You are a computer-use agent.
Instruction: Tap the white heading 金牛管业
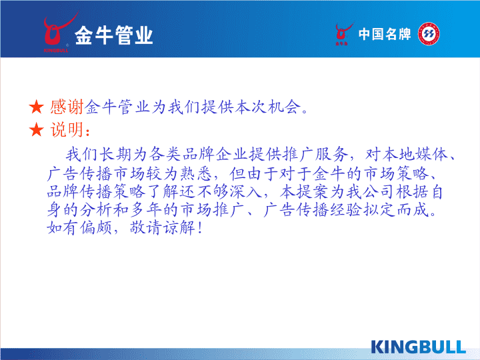113,35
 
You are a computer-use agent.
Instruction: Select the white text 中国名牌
385,34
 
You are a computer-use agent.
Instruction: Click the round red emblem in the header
429,34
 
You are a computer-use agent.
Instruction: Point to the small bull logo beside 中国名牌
343,34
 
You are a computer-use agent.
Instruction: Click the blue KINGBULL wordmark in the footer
418,347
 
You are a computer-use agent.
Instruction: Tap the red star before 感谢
37,107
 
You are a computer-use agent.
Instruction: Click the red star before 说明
37,129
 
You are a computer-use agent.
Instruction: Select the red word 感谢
67,107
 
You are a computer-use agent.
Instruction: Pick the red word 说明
67,129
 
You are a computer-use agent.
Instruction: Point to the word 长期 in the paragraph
116,154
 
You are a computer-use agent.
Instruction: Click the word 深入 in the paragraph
246,191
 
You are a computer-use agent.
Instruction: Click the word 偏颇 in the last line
96,228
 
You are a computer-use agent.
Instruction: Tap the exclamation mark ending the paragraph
200,229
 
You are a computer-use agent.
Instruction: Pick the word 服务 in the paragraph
332,154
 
